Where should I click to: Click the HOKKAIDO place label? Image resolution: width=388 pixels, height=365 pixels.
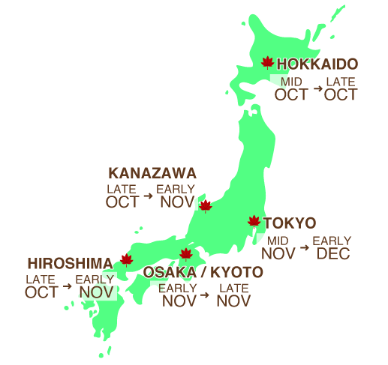coord(317,64)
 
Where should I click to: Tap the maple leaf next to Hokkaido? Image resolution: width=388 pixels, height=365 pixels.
coord(267,63)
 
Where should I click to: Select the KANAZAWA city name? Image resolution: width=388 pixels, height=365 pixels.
coord(152,173)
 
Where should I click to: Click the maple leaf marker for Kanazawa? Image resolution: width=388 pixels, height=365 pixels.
coord(205,205)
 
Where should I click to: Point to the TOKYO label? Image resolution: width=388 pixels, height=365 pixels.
coord(290,223)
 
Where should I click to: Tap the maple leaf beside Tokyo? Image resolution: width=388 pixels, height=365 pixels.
coord(254,222)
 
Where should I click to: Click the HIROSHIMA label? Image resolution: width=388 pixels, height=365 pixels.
coord(70,264)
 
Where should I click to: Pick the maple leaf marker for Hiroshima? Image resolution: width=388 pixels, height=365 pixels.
coord(126,260)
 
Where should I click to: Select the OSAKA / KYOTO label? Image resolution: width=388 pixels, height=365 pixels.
coord(203,272)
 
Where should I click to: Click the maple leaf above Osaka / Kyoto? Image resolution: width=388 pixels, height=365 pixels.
coord(186,255)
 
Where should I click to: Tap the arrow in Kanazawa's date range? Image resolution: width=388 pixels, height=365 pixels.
coord(149,196)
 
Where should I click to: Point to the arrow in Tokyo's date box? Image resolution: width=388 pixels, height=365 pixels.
coord(305,247)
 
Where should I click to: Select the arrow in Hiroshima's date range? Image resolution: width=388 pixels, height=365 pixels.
coord(68,286)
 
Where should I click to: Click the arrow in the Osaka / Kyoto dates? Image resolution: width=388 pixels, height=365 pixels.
coord(205,295)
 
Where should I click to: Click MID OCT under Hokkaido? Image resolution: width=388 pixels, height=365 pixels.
coord(291,89)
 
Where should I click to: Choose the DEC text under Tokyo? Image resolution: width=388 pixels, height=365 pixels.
coord(332,254)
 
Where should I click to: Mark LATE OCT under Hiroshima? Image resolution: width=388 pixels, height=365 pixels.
coord(41,286)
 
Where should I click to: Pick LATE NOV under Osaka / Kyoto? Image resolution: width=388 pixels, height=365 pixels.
coord(233,295)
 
